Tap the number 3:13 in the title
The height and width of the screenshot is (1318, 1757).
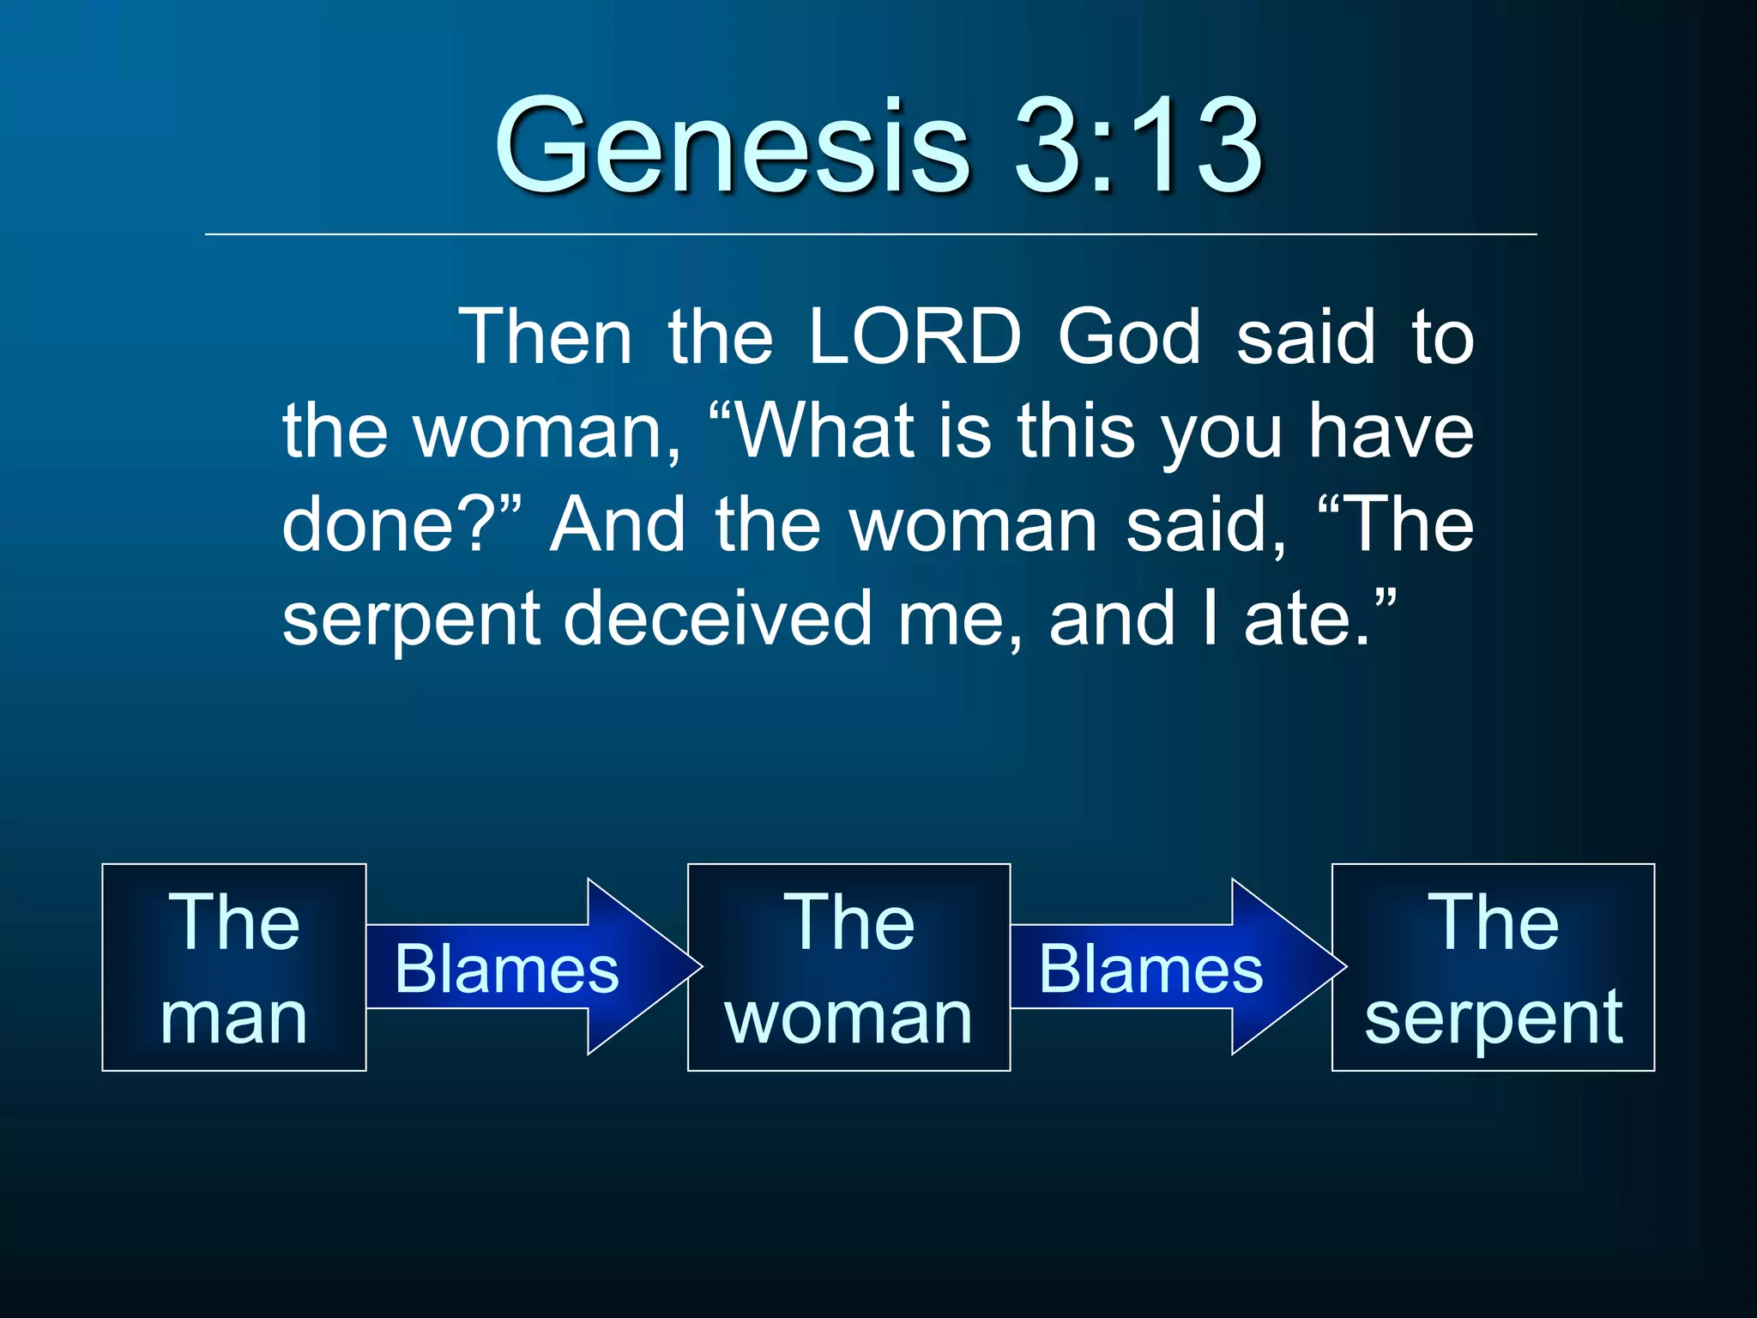[1137, 146]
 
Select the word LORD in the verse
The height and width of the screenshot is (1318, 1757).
[915, 336]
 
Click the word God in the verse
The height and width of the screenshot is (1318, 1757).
[1128, 336]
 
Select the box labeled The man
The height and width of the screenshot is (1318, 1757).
[234, 967]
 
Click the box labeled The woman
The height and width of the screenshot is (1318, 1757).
[848, 967]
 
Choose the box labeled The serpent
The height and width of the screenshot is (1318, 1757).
[1493, 967]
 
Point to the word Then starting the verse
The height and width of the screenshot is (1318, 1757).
[546, 336]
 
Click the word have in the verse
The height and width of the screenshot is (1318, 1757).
[1390, 431]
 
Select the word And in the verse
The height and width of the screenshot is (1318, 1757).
[617, 524]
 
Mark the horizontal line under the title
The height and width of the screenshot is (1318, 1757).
[870, 233]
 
